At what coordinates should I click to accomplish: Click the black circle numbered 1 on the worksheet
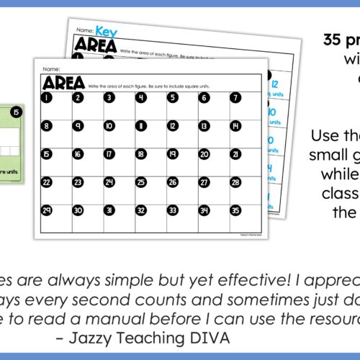45,98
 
